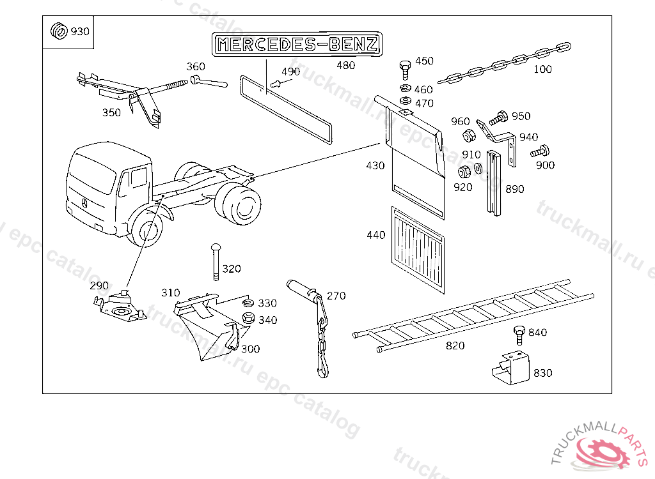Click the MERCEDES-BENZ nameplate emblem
point(297,44)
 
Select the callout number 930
point(80,31)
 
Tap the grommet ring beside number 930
point(59,31)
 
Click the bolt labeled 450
point(405,69)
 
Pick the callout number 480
point(346,65)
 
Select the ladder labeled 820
point(473,315)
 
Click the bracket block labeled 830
point(510,368)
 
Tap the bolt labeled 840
point(519,335)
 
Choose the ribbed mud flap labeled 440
point(418,250)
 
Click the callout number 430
point(375,165)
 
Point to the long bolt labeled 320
point(216,262)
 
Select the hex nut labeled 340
point(249,317)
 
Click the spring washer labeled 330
point(248,302)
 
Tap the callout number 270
point(336,296)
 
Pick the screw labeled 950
point(498,118)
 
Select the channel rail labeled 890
point(494,183)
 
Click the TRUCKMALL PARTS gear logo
point(601,448)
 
